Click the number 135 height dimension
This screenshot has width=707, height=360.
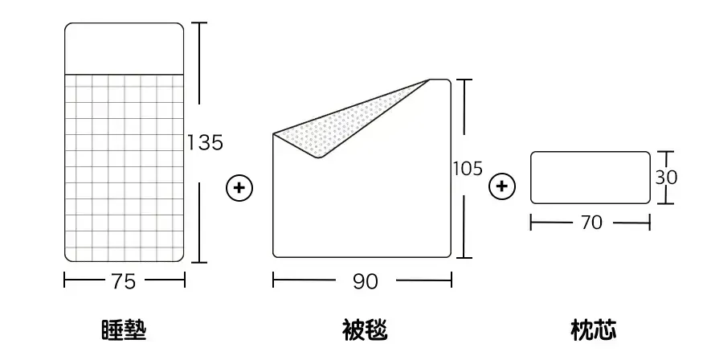click(x=205, y=142)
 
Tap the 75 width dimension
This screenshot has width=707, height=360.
click(x=123, y=281)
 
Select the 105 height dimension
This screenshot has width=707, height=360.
click(x=468, y=169)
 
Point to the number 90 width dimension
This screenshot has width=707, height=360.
click(x=366, y=281)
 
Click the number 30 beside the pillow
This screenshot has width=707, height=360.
click(x=666, y=178)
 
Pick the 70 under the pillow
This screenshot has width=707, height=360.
click(x=591, y=223)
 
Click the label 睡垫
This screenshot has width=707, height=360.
click(x=124, y=330)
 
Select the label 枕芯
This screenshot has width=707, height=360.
click(x=594, y=330)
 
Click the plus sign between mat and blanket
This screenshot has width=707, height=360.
click(x=239, y=188)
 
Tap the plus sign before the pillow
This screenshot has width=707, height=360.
click(x=502, y=186)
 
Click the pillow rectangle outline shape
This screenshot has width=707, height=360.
click(x=591, y=178)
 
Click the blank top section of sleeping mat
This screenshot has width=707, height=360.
click(x=124, y=49)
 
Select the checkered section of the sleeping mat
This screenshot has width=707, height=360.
click(x=124, y=168)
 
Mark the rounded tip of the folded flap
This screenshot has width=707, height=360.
click(x=318, y=157)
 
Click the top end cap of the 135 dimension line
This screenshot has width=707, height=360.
click(x=200, y=22)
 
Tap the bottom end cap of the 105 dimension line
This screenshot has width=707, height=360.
click(x=464, y=258)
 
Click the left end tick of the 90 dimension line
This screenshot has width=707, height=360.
click(x=273, y=280)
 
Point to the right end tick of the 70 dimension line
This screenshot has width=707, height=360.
click(x=650, y=223)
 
